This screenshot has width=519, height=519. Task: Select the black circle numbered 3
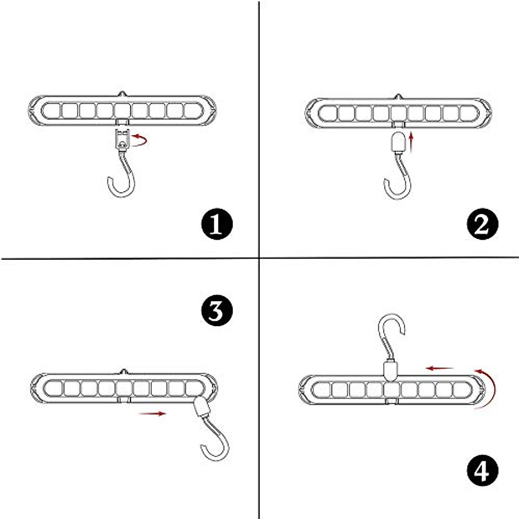217,311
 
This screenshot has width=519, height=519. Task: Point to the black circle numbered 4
482,470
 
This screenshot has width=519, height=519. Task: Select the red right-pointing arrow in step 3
152,413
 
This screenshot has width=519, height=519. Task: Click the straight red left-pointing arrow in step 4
439,368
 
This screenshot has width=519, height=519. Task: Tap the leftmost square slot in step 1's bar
52,111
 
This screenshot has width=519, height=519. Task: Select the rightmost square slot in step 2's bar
468,113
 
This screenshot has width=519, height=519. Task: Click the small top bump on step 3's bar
124,371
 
